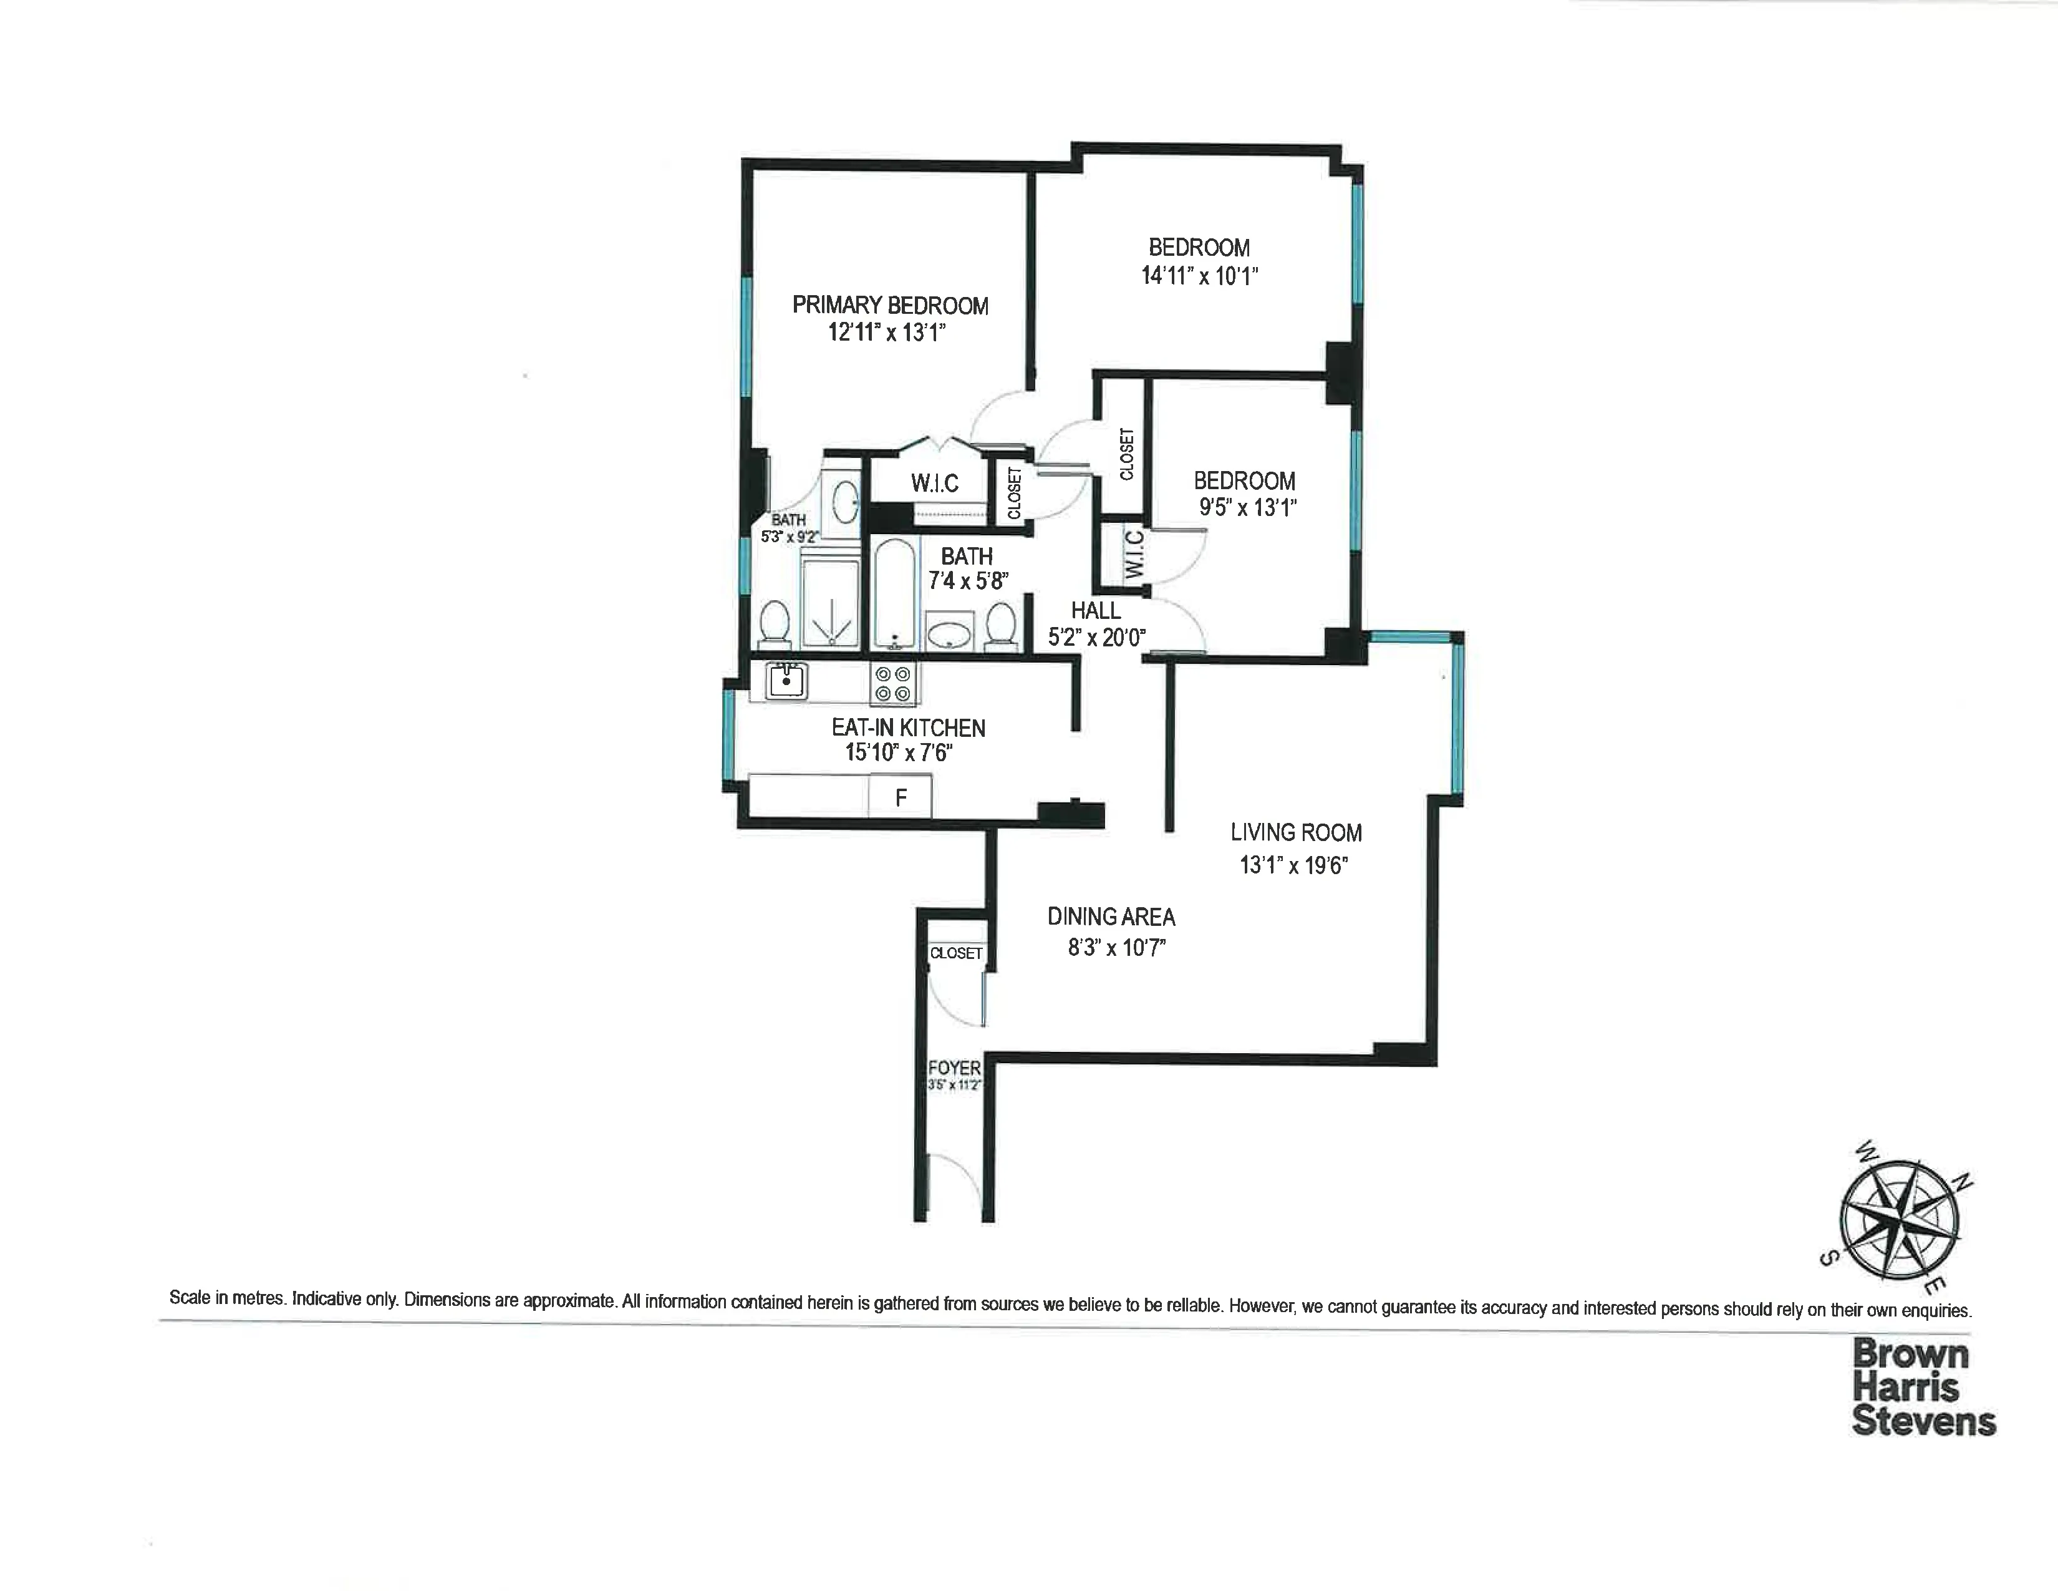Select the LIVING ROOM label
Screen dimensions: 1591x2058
point(1296,832)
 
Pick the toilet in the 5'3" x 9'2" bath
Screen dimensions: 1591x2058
point(775,623)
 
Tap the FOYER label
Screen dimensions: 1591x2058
point(954,1068)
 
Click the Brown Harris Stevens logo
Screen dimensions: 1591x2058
point(1922,1388)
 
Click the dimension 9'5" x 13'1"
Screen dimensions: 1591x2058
point(1247,508)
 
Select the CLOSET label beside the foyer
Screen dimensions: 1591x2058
point(955,953)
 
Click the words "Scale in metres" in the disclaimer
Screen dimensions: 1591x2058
point(227,1298)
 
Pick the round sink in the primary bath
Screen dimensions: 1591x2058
point(845,504)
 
